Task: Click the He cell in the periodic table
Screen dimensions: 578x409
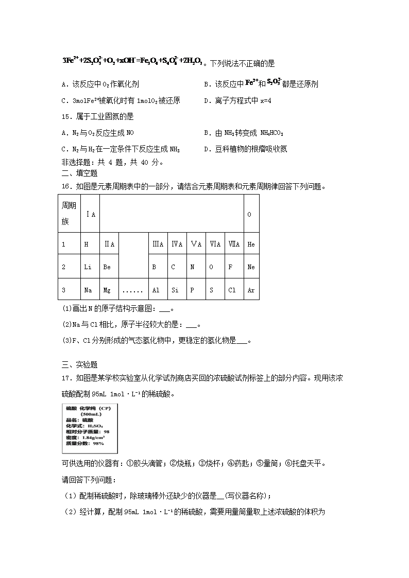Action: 251,244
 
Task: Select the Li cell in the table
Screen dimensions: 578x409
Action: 88,267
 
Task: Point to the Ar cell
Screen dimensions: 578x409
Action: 251,290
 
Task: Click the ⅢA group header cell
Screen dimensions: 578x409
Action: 157,244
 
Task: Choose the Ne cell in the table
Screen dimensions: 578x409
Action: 251,267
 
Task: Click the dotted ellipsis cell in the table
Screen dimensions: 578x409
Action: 132,290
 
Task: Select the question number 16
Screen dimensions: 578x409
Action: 65,187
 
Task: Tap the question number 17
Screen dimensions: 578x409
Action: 65,378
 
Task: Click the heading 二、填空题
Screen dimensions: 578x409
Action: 79,173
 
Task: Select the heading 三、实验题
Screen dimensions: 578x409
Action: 79,365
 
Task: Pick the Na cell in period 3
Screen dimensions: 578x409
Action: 88,290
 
